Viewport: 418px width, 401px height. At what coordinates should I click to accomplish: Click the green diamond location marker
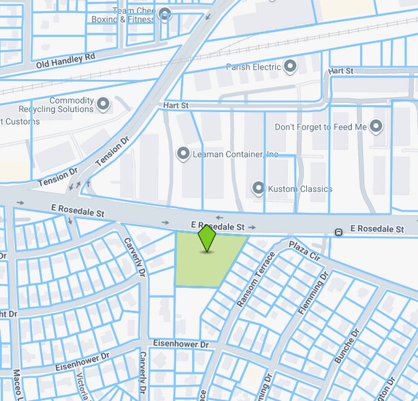click(x=206, y=239)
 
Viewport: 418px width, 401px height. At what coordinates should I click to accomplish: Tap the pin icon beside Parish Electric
click(x=291, y=67)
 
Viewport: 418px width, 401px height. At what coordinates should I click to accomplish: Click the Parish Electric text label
click(x=253, y=67)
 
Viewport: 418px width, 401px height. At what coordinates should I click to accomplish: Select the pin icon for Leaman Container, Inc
click(x=182, y=154)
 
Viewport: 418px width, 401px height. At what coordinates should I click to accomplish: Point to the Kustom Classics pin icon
click(x=258, y=188)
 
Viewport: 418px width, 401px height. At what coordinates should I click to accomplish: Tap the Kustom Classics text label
click(x=301, y=188)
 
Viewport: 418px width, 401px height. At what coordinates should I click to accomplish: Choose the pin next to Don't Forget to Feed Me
click(x=376, y=127)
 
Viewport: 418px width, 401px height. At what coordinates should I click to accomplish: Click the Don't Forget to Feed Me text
click(x=321, y=128)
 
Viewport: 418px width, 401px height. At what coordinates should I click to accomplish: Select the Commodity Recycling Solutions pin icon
click(x=103, y=104)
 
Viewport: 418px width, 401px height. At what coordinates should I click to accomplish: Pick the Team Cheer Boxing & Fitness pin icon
click(x=164, y=14)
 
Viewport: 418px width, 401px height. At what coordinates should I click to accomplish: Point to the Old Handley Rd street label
click(x=65, y=61)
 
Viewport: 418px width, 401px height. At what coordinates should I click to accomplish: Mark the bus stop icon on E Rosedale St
click(x=338, y=233)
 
